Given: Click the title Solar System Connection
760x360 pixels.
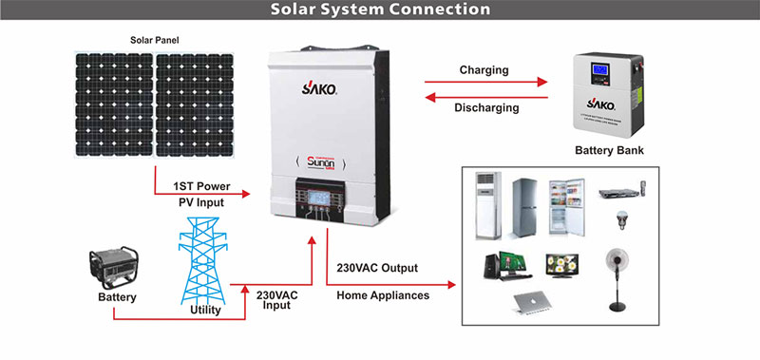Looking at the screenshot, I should [x=380, y=10].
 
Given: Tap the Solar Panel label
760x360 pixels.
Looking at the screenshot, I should [x=154, y=40].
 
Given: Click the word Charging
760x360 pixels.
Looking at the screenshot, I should [x=484, y=70].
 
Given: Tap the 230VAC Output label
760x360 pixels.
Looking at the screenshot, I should [x=377, y=268].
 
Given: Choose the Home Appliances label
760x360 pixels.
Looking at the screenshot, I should [x=383, y=295].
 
